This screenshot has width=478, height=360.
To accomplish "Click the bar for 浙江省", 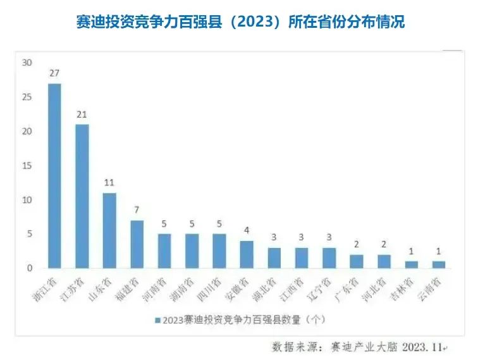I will tap(54, 176).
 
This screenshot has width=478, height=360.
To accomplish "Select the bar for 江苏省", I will tap(82, 196).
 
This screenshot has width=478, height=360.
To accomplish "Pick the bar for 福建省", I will tap(137, 244).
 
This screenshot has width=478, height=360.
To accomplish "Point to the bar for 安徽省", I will tap(247, 254).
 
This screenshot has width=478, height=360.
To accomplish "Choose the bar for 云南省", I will tap(438, 264).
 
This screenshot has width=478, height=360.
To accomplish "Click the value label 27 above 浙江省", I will tap(54, 72).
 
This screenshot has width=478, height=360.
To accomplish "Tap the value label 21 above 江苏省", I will tap(82, 114).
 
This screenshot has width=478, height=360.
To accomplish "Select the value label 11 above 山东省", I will tap(109, 182).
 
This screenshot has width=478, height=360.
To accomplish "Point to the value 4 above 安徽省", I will tap(247, 230).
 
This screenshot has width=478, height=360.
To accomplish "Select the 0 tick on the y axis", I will tap(29, 268).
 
